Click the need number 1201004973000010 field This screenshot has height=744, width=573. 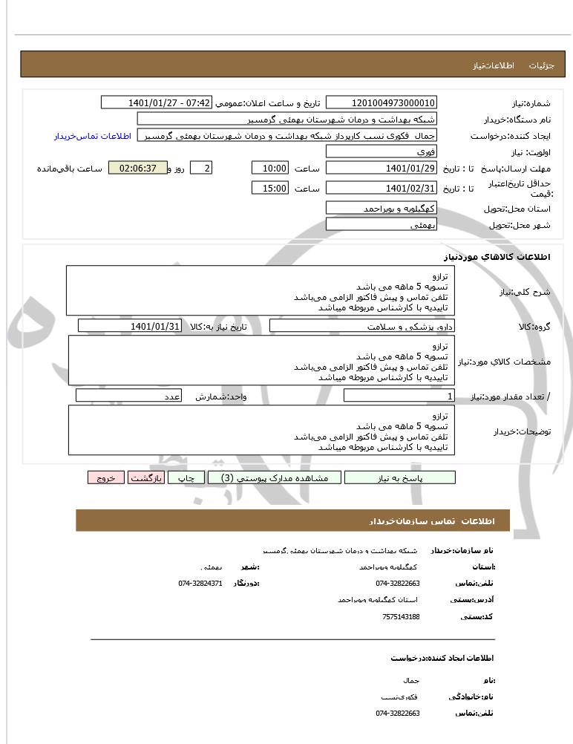[x=382, y=102]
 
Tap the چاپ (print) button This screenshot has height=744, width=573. [x=186, y=478]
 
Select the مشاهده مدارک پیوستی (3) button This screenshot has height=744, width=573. [x=274, y=478]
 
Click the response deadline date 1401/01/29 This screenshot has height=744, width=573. [x=382, y=169]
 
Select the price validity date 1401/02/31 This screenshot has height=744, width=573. [x=382, y=189]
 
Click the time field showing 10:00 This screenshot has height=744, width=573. [x=270, y=169]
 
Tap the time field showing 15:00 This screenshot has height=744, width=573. [x=270, y=189]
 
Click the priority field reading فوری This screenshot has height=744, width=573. [x=382, y=151]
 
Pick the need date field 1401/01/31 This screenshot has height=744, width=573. [x=130, y=326]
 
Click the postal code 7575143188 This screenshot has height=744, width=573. [x=401, y=616]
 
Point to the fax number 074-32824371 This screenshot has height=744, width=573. [x=200, y=584]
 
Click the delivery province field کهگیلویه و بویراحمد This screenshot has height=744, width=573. [x=382, y=209]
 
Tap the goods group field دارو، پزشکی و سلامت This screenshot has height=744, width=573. [x=361, y=326]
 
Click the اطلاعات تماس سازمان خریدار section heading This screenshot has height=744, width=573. [x=292, y=521]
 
